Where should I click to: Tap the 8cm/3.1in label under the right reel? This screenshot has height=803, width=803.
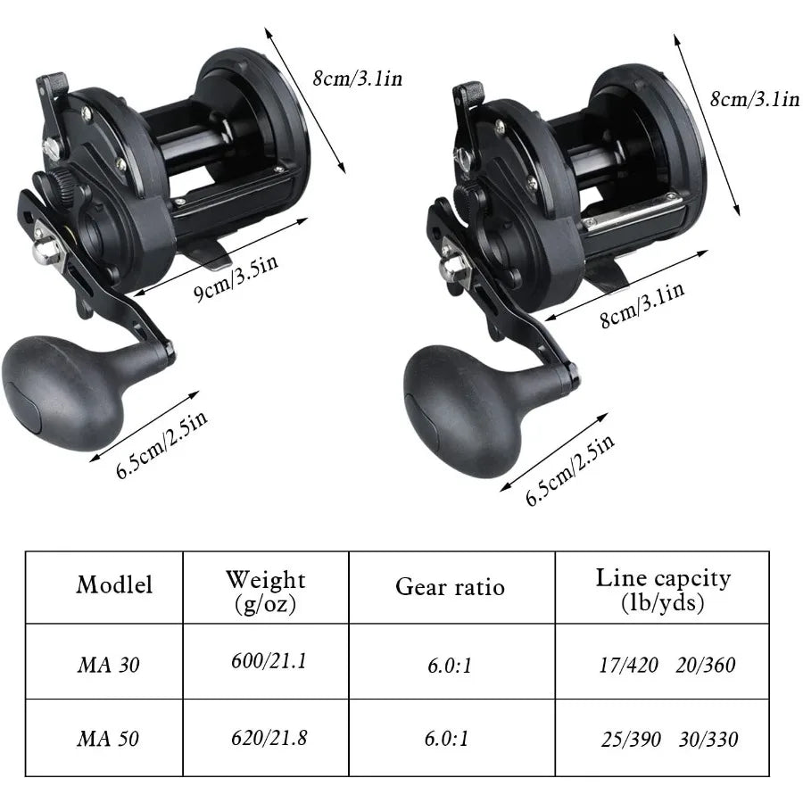[642, 303]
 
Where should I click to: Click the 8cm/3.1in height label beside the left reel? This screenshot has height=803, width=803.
[357, 79]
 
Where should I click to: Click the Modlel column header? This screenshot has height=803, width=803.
[114, 584]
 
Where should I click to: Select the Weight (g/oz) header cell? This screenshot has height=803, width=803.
[265, 592]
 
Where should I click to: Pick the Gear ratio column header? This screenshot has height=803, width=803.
[450, 586]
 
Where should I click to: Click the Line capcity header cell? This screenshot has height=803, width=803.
[662, 590]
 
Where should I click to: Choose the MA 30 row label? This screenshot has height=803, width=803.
[108, 664]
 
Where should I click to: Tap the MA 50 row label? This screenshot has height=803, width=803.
[108, 739]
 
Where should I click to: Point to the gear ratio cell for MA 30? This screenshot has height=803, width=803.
[450, 665]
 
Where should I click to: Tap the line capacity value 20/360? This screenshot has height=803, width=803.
[706, 665]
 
